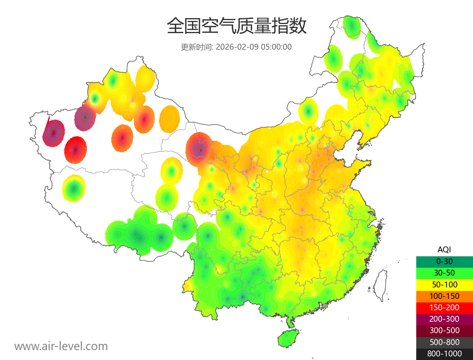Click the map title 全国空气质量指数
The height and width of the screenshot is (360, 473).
click(236, 26)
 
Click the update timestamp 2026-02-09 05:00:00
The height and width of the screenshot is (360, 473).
click(254, 47)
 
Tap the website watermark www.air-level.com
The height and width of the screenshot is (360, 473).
click(61, 346)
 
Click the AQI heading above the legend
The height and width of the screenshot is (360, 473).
click(444, 249)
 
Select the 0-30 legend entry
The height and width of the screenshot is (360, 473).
click(444, 261)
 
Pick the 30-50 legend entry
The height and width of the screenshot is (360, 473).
click(444, 273)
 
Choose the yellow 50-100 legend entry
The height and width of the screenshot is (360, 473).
click(444, 284)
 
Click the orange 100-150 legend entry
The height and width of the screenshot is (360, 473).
click(444, 296)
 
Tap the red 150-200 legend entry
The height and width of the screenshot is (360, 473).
click(444, 308)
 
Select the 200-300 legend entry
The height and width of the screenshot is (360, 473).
click(444, 319)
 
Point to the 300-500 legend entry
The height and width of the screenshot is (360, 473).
click(444, 330)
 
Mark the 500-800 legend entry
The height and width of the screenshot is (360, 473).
click(444, 342)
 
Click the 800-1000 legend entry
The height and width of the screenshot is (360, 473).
click(444, 354)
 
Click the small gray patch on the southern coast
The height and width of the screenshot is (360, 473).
click(325, 306)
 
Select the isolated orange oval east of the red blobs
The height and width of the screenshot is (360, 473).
click(170, 119)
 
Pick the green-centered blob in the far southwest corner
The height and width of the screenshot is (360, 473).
click(74, 188)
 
